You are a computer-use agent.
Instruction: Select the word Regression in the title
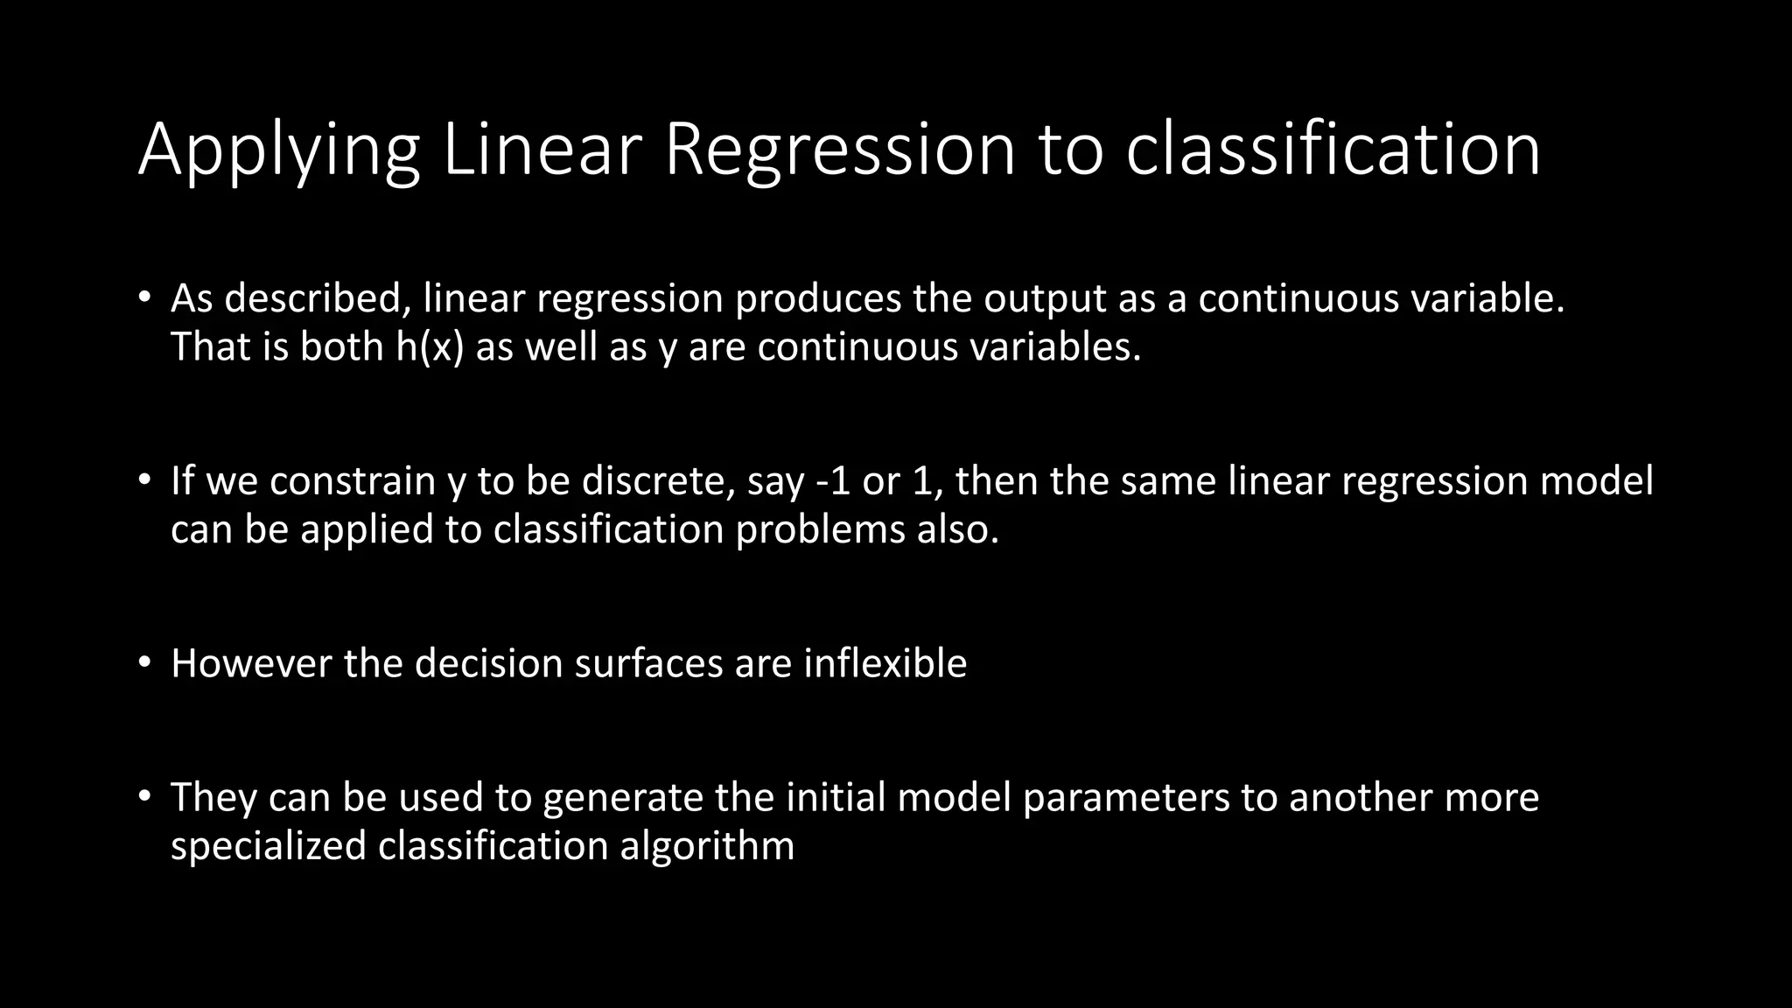pyautogui.click(x=839, y=150)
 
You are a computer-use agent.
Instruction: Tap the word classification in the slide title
pyautogui.click(x=1333, y=150)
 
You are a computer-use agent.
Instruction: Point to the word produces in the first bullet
pyautogui.click(x=817, y=299)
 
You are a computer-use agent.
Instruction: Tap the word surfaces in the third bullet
pyautogui.click(x=648, y=664)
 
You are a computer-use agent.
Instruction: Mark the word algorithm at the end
pyautogui.click(x=707, y=846)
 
